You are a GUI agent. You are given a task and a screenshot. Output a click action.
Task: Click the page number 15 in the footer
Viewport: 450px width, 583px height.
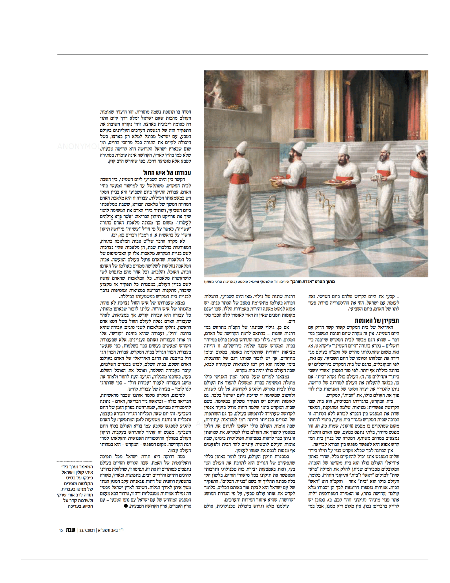click(x=61, y=530)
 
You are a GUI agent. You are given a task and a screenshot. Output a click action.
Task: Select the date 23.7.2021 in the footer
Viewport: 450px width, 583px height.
click(x=87, y=530)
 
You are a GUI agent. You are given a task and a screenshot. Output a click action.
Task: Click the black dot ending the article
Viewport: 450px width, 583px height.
click(x=126, y=506)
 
